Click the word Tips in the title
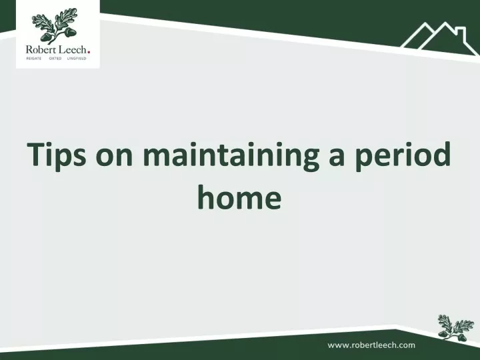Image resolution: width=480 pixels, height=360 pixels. pyautogui.click(x=56, y=155)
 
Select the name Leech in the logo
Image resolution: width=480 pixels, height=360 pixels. pyautogui.click(x=73, y=49)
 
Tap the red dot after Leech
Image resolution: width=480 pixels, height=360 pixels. pyautogui.click(x=89, y=53)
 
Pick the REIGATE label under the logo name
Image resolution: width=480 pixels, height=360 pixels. pyautogui.click(x=34, y=59)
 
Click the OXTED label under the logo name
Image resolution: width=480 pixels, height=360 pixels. pyautogui.click(x=55, y=59)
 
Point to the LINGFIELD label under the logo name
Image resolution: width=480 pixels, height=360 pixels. pyautogui.click(x=77, y=59)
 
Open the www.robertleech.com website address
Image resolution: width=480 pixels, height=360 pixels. pyautogui.click(x=371, y=345)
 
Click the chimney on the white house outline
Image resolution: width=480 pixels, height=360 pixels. pyautogui.click(x=461, y=34)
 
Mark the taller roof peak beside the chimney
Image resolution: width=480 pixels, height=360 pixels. pyautogui.click(x=444, y=26)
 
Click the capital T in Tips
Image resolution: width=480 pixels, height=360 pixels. pyautogui.click(x=37, y=155)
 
